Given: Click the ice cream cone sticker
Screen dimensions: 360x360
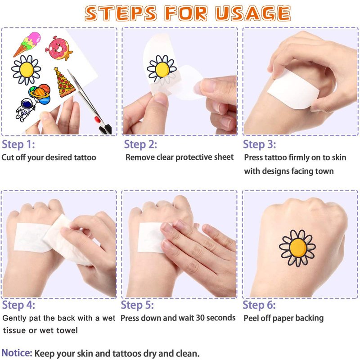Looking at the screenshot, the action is click(27, 44).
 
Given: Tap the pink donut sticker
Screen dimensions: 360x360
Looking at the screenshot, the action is click(59, 48).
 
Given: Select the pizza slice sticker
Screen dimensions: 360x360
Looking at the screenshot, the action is click(63, 82).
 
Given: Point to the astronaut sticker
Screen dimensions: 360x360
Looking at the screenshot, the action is click(24, 109).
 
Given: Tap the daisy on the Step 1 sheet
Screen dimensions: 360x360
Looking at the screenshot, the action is click(26, 70).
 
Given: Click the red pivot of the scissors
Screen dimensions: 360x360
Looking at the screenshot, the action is click(97, 119).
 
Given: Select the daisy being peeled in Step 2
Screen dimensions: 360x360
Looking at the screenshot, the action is click(162, 68).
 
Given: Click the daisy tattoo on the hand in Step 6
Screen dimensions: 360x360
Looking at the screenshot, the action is click(297, 248).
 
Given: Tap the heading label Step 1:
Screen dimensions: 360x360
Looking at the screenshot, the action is click(18, 144).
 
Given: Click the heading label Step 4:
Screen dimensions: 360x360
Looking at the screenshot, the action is click(18, 305).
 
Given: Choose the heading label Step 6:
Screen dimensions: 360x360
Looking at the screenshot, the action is click(259, 305).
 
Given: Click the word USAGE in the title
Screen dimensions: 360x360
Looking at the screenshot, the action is click(253, 13).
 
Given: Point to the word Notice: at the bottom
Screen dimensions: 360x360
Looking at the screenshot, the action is click(17, 353).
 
